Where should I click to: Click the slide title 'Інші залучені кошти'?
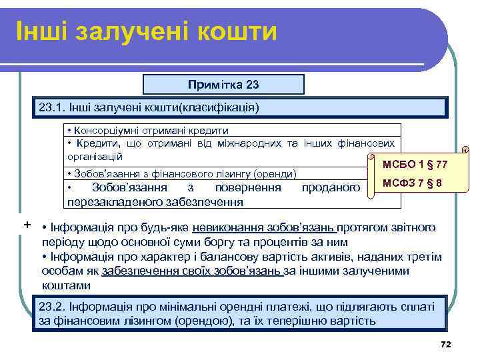click(x=146, y=31)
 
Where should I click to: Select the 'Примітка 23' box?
click(x=223, y=85)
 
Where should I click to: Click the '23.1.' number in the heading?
click(x=51, y=107)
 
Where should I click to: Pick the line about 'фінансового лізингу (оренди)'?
click(x=182, y=173)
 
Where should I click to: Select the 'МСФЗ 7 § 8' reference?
click(x=413, y=183)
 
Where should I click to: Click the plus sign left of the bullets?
click(x=27, y=224)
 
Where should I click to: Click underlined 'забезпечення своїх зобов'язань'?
click(x=192, y=271)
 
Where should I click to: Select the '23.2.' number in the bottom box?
click(x=51, y=307)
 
